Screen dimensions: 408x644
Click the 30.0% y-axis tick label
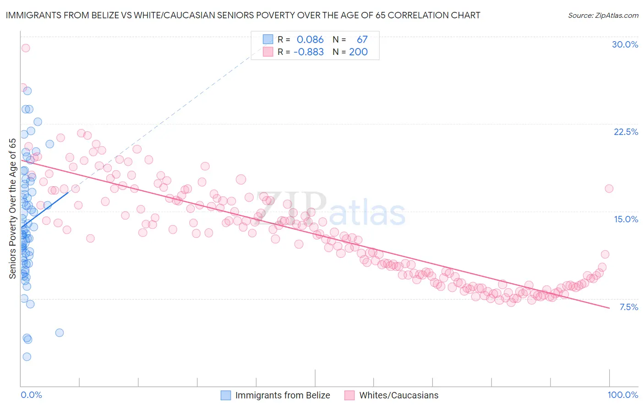[625, 45]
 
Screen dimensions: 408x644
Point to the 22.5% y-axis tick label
[626, 132]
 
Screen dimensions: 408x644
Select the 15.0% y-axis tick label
[626, 220]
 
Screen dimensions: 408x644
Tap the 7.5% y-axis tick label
[628, 307]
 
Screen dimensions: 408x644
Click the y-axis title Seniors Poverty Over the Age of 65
[12, 209]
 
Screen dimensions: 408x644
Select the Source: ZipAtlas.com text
[603, 16]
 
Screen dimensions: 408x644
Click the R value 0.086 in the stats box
[310, 40]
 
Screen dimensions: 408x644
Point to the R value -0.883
[309, 52]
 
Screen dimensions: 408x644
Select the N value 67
[362, 40]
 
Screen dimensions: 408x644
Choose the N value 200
[358, 52]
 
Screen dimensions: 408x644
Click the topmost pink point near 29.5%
[26, 48]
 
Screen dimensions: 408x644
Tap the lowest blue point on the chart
[27, 357]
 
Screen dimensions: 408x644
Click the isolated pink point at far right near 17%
[609, 188]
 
